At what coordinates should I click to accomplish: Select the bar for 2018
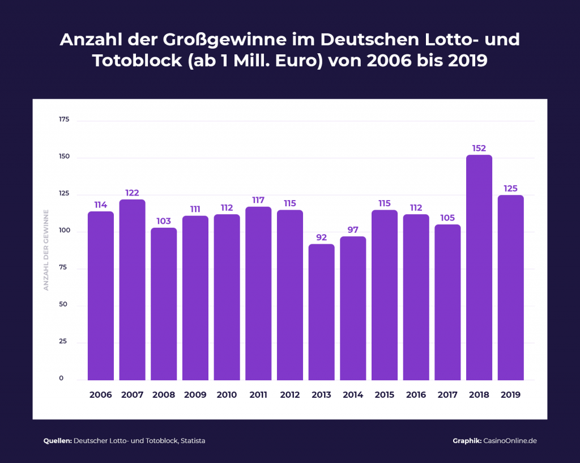tap(479, 267)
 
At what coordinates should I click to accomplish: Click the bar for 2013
tap(321, 312)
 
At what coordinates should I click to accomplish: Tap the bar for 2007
tap(132, 290)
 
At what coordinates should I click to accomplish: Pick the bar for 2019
tap(510, 287)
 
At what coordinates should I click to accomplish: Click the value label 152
tap(479, 148)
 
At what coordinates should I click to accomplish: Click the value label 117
tap(258, 200)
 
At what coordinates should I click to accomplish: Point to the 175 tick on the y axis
tap(63, 120)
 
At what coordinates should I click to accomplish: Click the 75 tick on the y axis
tap(63, 267)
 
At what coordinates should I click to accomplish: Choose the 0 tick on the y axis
tap(61, 379)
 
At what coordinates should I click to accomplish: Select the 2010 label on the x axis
tap(227, 394)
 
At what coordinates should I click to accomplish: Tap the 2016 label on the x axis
tap(416, 394)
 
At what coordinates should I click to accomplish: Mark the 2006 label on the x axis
tap(100, 394)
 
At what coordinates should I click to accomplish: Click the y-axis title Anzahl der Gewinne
tap(46, 250)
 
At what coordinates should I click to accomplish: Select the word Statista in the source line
tap(193, 441)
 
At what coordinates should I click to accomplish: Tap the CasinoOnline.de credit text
tap(509, 441)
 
